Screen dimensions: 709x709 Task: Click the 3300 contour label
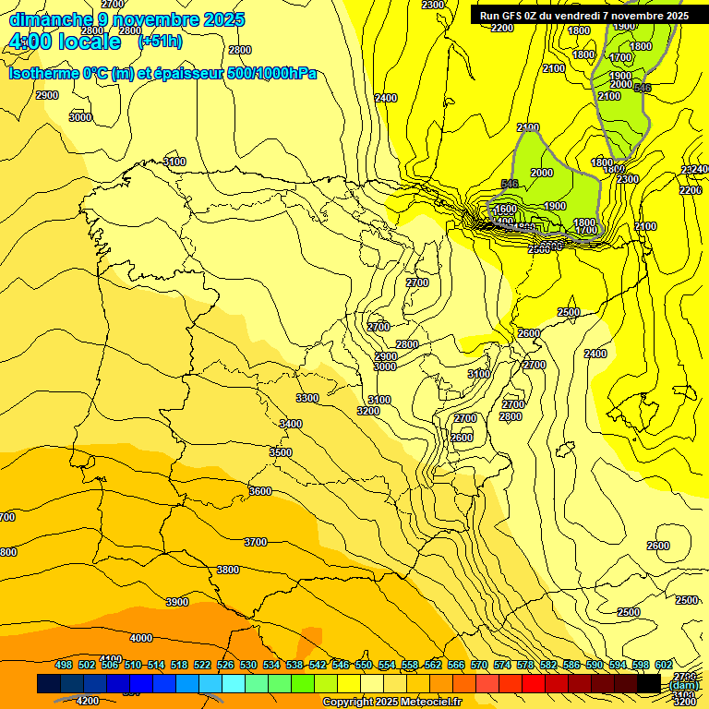307,398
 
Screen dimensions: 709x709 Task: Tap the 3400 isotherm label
291,424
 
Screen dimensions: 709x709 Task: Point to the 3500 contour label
281,452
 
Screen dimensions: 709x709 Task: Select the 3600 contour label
260,491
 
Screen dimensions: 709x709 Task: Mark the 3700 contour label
256,542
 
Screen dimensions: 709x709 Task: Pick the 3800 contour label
227,570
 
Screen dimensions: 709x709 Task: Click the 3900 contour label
176,602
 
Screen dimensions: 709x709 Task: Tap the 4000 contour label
141,638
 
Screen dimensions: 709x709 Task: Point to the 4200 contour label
88,701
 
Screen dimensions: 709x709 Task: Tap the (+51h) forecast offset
160,42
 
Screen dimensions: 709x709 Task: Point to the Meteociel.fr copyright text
392,702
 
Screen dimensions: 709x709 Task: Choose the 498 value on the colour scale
64,665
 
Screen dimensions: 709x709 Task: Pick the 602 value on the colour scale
664,665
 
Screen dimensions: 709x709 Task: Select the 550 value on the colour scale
364,665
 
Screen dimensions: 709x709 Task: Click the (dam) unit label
684,685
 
